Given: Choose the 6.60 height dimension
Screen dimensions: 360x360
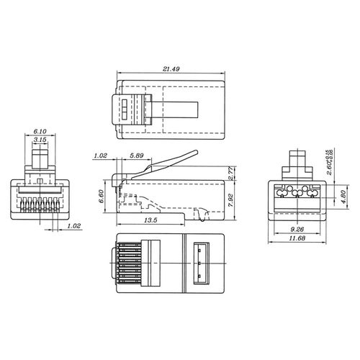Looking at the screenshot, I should coord(102,194).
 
